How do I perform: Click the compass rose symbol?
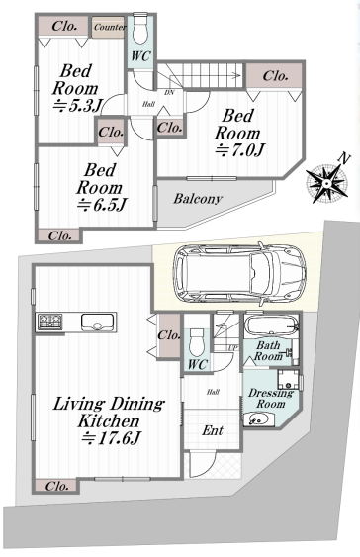pos(326,183)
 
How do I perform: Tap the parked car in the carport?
pos(239,273)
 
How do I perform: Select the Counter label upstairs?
pos(110,28)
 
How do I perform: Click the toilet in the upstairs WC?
pos(141,29)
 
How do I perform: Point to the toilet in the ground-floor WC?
pos(197,342)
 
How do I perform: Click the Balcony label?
pos(198,198)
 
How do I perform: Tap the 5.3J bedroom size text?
pos(78,106)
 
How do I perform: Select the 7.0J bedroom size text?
pos(240,150)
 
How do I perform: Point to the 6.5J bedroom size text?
pos(102,205)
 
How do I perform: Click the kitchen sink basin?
pos(96,323)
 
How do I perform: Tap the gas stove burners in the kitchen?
pos(50,322)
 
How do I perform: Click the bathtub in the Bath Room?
pos(271,325)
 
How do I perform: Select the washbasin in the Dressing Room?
pos(258,419)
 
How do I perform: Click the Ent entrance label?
pos(213,430)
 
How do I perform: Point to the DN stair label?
pos(169,93)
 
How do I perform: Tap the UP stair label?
pos(232,348)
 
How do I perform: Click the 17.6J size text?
pos(110,438)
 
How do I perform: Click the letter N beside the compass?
pos(344,158)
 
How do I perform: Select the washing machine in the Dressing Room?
pos(288,379)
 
